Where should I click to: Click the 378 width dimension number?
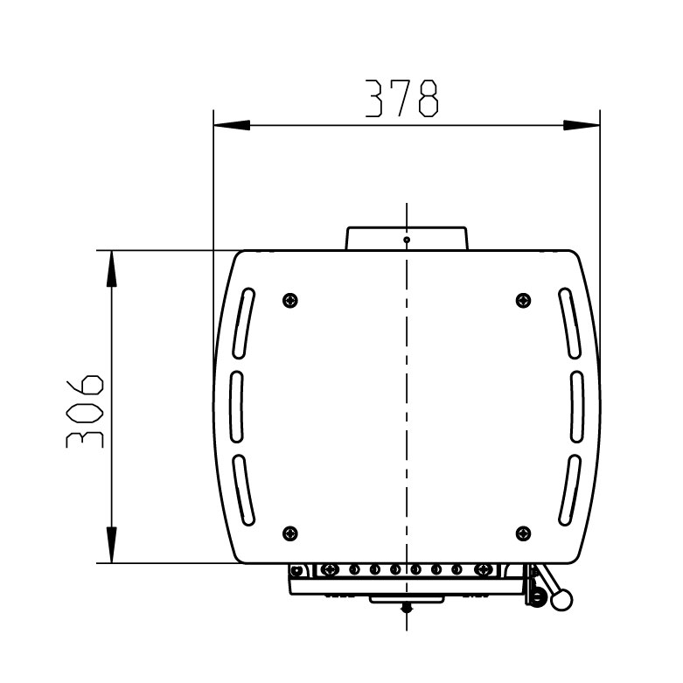click(x=401, y=99)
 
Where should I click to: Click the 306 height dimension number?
click(x=85, y=411)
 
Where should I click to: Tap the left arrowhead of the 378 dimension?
click(x=232, y=125)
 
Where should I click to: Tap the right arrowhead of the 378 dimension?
click(x=582, y=125)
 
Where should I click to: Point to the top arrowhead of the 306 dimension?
click(x=112, y=268)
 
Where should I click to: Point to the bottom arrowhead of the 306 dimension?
click(x=112, y=545)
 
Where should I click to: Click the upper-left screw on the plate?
click(x=290, y=300)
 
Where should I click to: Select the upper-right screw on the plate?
click(x=523, y=300)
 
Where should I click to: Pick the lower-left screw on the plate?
click(x=290, y=533)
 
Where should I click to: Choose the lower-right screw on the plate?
click(x=523, y=533)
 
